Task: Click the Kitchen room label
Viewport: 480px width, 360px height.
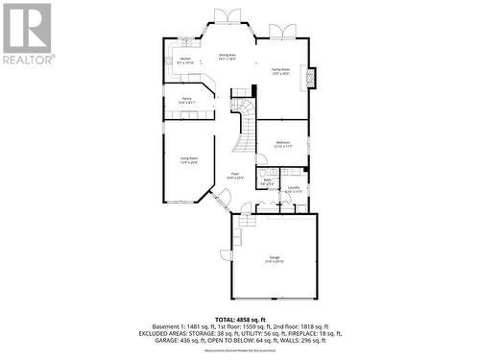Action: coord(186,60)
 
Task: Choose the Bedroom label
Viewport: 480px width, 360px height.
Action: coord(282,144)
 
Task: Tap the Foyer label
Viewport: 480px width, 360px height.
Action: coord(235,176)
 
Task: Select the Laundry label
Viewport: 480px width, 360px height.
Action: coord(294,188)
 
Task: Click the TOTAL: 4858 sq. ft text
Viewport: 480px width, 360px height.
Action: coord(238,319)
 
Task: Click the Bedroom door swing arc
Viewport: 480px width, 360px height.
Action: coord(260,159)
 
